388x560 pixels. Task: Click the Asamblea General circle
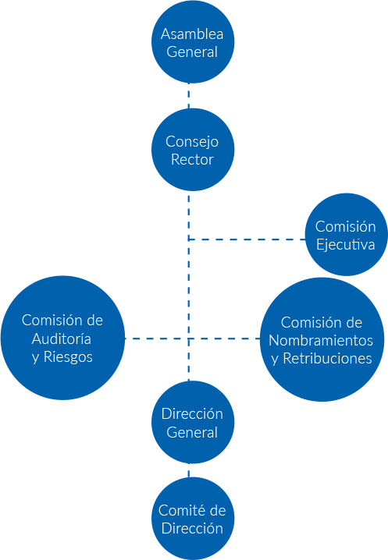[193, 42]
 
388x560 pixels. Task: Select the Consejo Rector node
[193, 150]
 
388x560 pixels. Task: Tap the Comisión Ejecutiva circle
[346, 235]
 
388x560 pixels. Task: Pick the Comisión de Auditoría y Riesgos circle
[63, 338]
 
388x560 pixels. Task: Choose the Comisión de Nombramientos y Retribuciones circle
[322, 339]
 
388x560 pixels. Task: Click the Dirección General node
[193, 422]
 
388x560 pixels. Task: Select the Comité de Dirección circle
[193, 519]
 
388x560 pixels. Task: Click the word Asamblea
[192, 34]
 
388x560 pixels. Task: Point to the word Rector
[192, 159]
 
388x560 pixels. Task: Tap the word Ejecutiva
[345, 245]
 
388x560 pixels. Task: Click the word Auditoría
[61, 338]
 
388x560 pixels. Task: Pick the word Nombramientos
[321, 340]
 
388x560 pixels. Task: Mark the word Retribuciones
[328, 359]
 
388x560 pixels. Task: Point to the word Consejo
[192, 142]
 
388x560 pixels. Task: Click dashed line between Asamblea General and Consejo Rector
[189, 96]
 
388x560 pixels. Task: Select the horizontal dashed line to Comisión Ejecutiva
[247, 239]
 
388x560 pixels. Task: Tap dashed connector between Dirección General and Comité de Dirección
[189, 470]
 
